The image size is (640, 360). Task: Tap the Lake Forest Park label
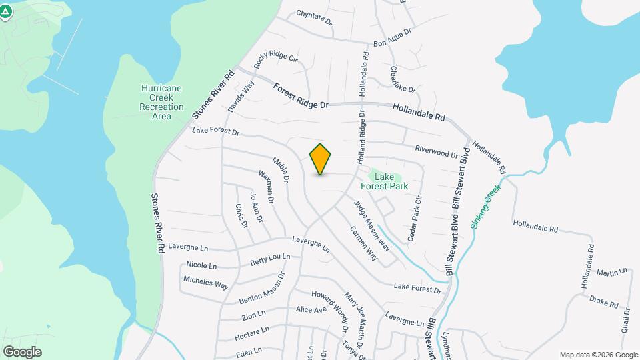pos(391,181)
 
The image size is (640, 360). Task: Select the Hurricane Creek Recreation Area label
pos(161,102)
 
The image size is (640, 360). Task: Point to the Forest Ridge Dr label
pos(301,95)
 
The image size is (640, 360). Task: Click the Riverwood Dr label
pos(437,152)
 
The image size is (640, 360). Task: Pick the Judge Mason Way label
pos(371,225)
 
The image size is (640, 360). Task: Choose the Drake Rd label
pos(604,301)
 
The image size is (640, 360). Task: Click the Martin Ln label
pos(612,272)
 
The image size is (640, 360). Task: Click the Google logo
pos(22,351)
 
